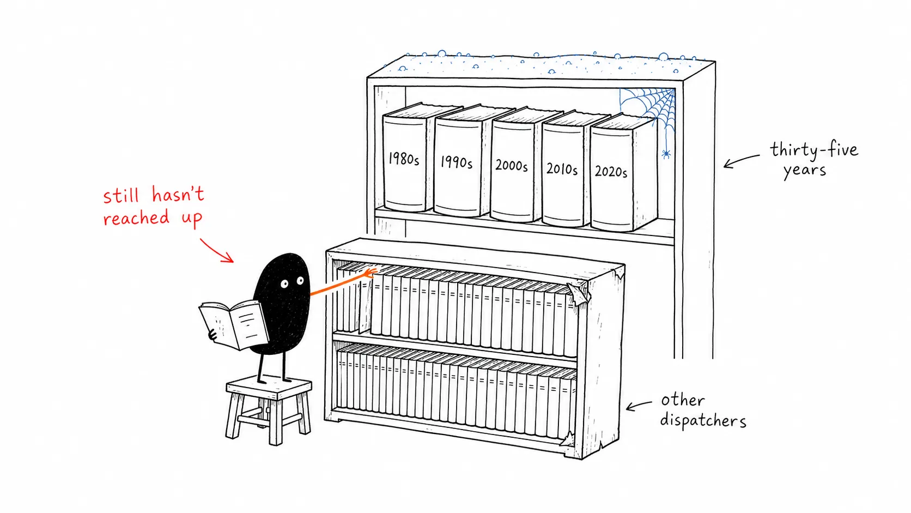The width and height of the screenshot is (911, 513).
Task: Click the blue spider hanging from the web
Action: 666,154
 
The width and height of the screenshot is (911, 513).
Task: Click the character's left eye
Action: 284,283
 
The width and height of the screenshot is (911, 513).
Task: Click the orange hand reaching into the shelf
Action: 370,273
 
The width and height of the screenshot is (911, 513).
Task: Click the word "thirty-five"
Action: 814,150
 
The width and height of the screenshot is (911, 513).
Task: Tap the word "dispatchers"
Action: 703,420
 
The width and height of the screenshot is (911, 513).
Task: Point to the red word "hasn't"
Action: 178,195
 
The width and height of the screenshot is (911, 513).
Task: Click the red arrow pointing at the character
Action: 217,251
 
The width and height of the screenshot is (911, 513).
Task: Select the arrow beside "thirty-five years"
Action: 741,160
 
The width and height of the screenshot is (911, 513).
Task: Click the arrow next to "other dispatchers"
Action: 639,406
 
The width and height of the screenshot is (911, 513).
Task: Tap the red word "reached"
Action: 136,218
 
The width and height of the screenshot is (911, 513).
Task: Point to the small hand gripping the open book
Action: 212,335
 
